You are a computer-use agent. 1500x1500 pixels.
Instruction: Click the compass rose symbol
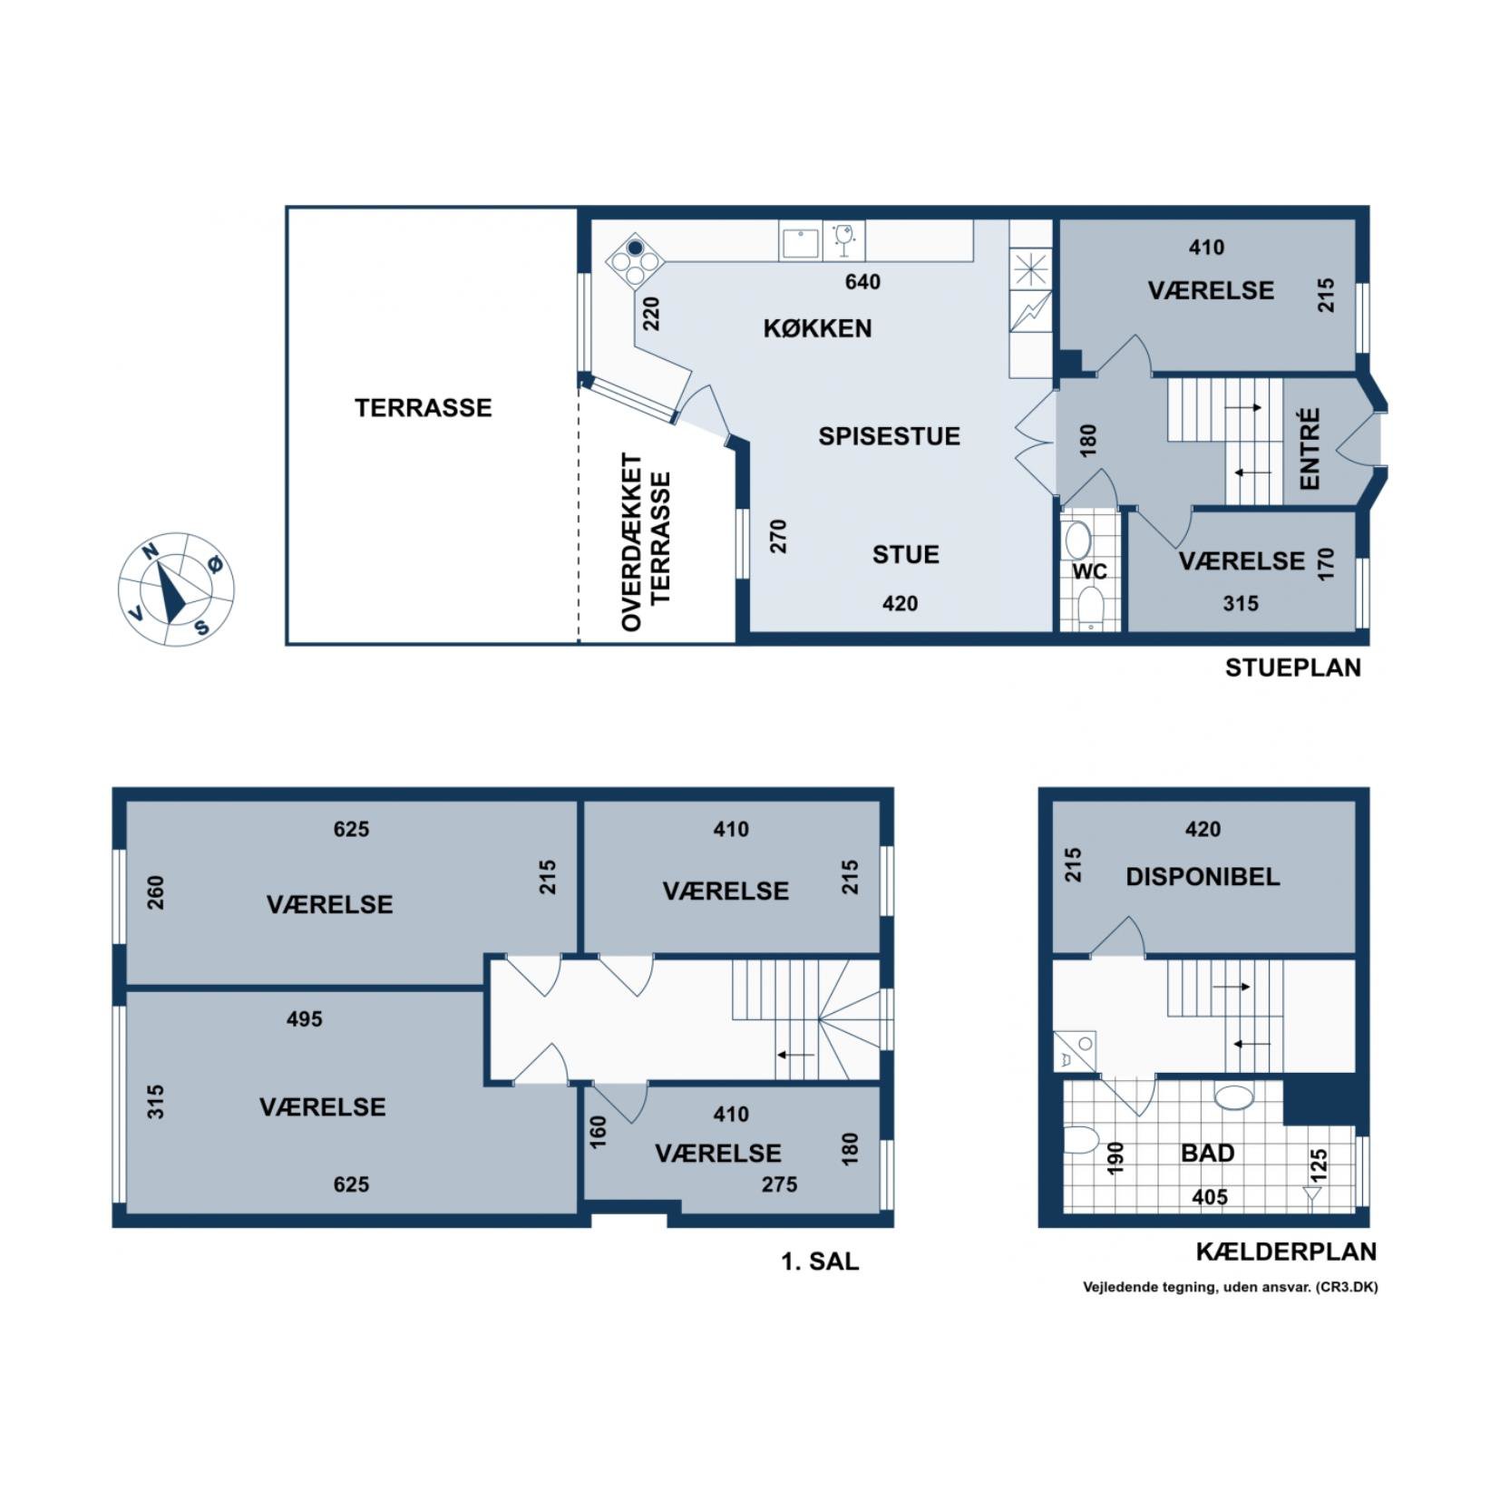click(176, 589)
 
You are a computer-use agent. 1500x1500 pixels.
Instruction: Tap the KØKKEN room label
click(817, 328)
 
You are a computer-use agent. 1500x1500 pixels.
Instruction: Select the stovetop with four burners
click(634, 261)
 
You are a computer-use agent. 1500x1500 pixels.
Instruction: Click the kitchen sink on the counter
click(801, 242)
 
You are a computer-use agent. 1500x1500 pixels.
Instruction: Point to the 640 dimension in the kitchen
click(862, 282)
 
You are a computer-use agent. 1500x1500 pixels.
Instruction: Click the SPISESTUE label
click(889, 436)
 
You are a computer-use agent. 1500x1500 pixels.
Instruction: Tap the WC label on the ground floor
click(1089, 571)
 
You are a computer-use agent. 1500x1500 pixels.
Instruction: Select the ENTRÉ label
click(1309, 449)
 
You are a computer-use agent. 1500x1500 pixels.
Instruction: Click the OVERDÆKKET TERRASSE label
click(645, 542)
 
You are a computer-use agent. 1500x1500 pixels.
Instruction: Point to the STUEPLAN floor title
click(1292, 667)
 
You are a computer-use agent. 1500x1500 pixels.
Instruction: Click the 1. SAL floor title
click(820, 1261)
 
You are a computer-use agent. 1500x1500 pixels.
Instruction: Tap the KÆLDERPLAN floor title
click(1286, 1252)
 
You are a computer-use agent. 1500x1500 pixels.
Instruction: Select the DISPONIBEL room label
click(1203, 877)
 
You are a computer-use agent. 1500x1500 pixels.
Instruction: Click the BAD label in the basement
click(1208, 1153)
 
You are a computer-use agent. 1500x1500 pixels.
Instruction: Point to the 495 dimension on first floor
click(304, 1019)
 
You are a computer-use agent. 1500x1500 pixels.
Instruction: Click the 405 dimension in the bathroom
click(1210, 1197)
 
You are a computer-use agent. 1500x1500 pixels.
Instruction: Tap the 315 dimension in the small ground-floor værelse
click(1241, 603)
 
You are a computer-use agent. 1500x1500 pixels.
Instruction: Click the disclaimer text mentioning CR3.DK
click(1230, 1286)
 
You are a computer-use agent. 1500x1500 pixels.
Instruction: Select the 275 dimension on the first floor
click(779, 1184)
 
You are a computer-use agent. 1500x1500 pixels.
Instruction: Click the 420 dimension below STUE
click(900, 603)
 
